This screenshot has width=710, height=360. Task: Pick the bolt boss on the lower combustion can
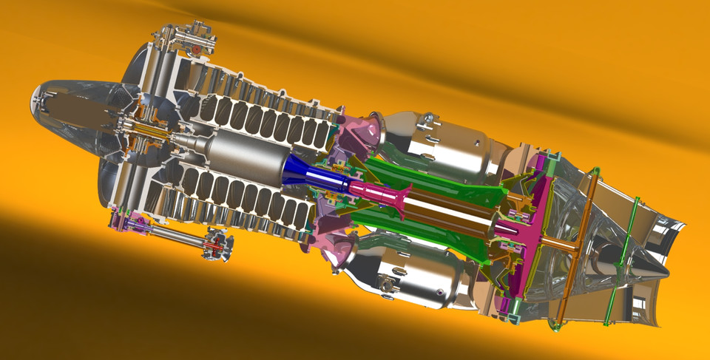[385, 282]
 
